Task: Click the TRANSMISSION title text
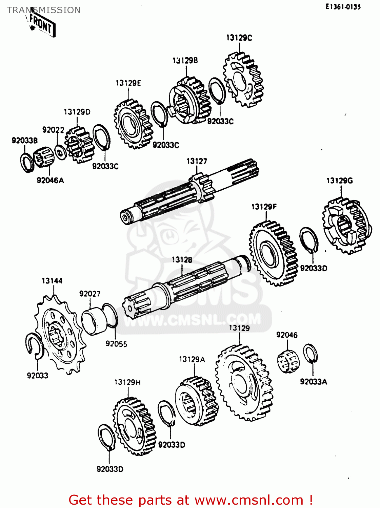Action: [x=44, y=10]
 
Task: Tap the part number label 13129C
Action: [x=239, y=38]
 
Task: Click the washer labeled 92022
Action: [x=60, y=152]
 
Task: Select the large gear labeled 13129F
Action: [x=273, y=253]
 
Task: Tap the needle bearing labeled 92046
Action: [x=288, y=362]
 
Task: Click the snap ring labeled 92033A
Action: [x=310, y=354]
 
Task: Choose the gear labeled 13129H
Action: [x=134, y=427]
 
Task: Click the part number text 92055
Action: [x=116, y=344]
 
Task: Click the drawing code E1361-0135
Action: [x=343, y=7]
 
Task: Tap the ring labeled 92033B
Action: [x=26, y=163]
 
